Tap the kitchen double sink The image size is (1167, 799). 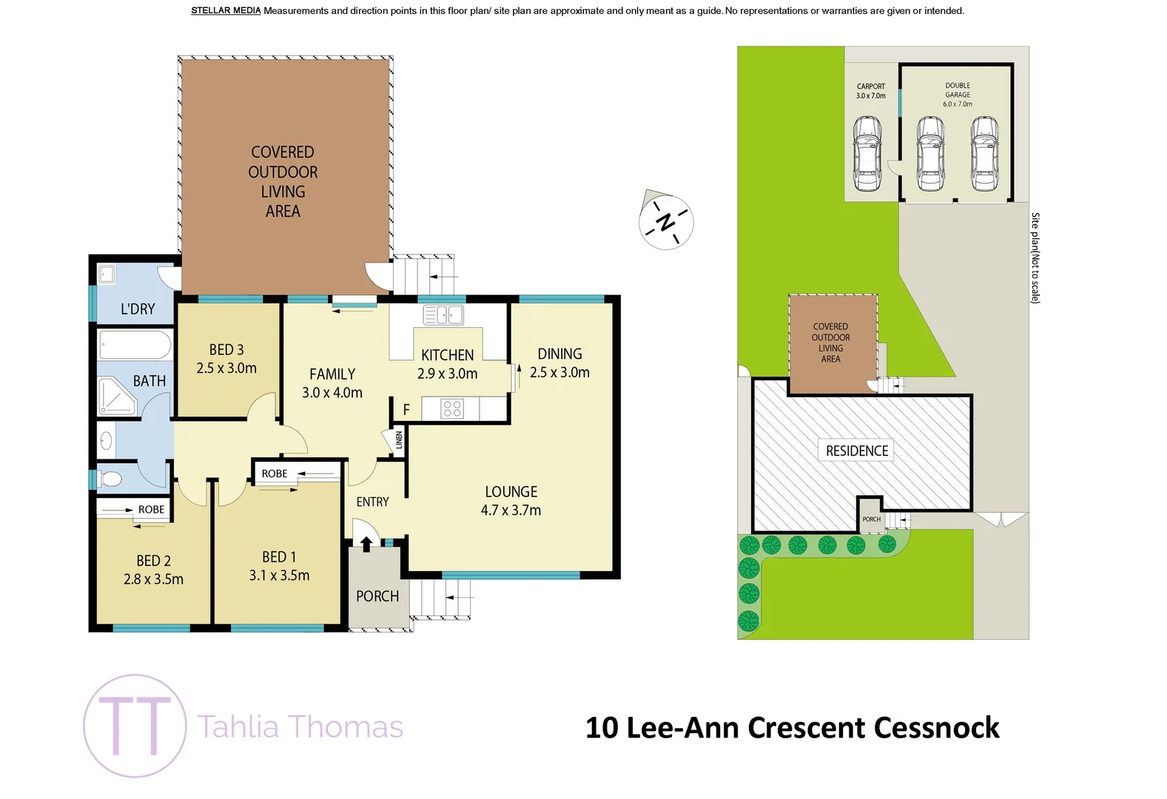443,315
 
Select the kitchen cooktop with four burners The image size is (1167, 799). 452,408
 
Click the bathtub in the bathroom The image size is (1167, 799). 135,345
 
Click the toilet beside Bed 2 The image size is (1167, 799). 110,479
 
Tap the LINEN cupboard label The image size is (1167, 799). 399,439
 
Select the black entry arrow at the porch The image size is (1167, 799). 366,544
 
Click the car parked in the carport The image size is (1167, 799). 867,153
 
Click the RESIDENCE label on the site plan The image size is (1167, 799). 857,451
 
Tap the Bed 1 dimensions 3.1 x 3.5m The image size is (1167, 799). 279,575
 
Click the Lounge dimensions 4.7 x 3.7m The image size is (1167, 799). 511,510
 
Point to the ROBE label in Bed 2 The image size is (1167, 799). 151,509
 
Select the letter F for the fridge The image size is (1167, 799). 406,409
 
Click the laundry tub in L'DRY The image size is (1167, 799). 107,274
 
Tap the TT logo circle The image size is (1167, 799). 135,726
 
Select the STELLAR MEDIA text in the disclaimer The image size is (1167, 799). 226,10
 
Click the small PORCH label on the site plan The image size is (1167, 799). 872,519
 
